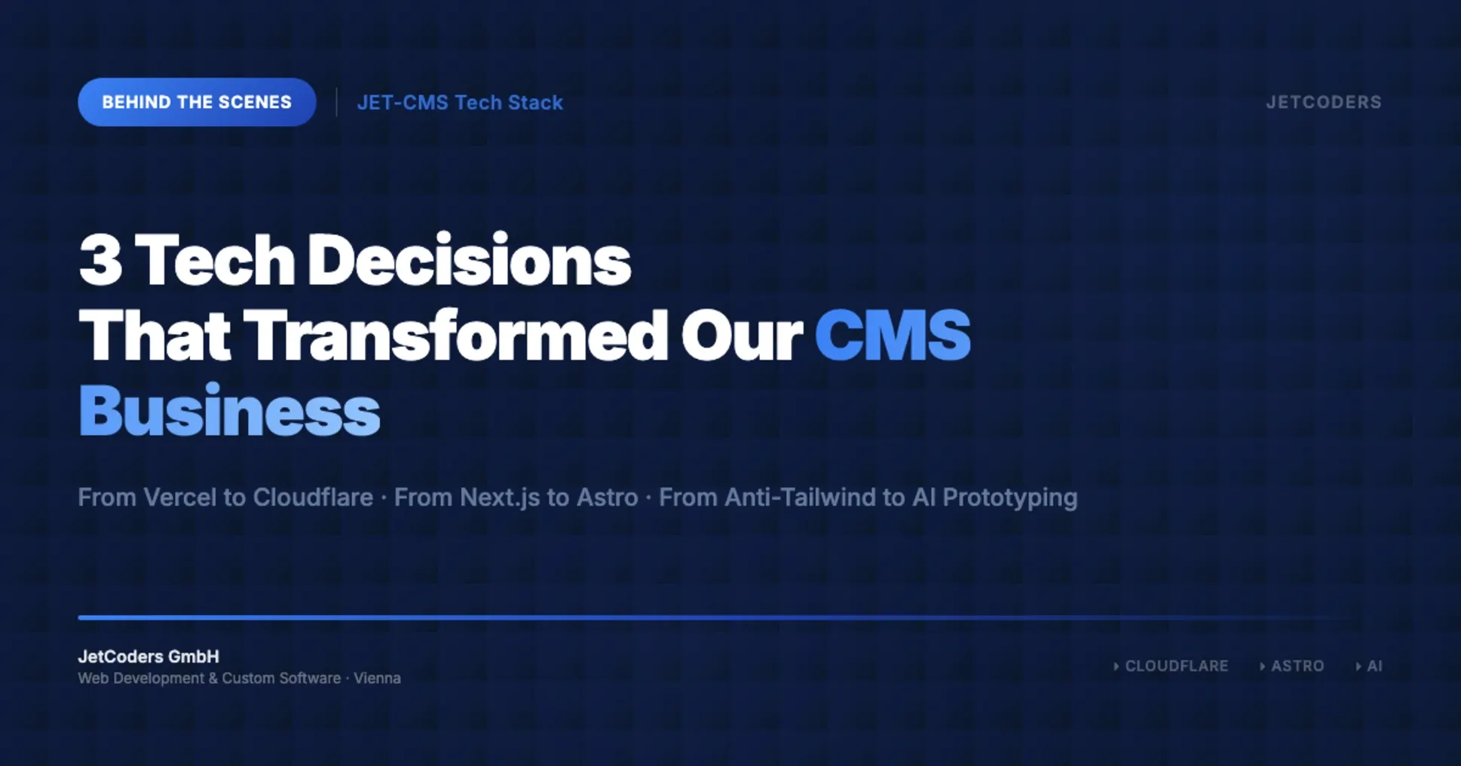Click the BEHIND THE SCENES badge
(197, 102)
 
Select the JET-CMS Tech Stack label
(460, 103)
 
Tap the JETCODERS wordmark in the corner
(1323, 102)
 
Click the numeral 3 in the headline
(100, 260)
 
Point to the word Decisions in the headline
(469, 260)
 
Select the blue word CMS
(893, 336)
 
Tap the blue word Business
(229, 411)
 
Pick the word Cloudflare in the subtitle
(313, 498)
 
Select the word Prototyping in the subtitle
(1009, 498)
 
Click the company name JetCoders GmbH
(149, 657)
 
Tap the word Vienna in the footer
(377, 678)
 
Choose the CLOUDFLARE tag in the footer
(1175, 666)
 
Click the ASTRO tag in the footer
(1297, 666)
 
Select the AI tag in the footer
(1374, 666)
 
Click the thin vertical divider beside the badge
(336, 102)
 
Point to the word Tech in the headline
(215, 260)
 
